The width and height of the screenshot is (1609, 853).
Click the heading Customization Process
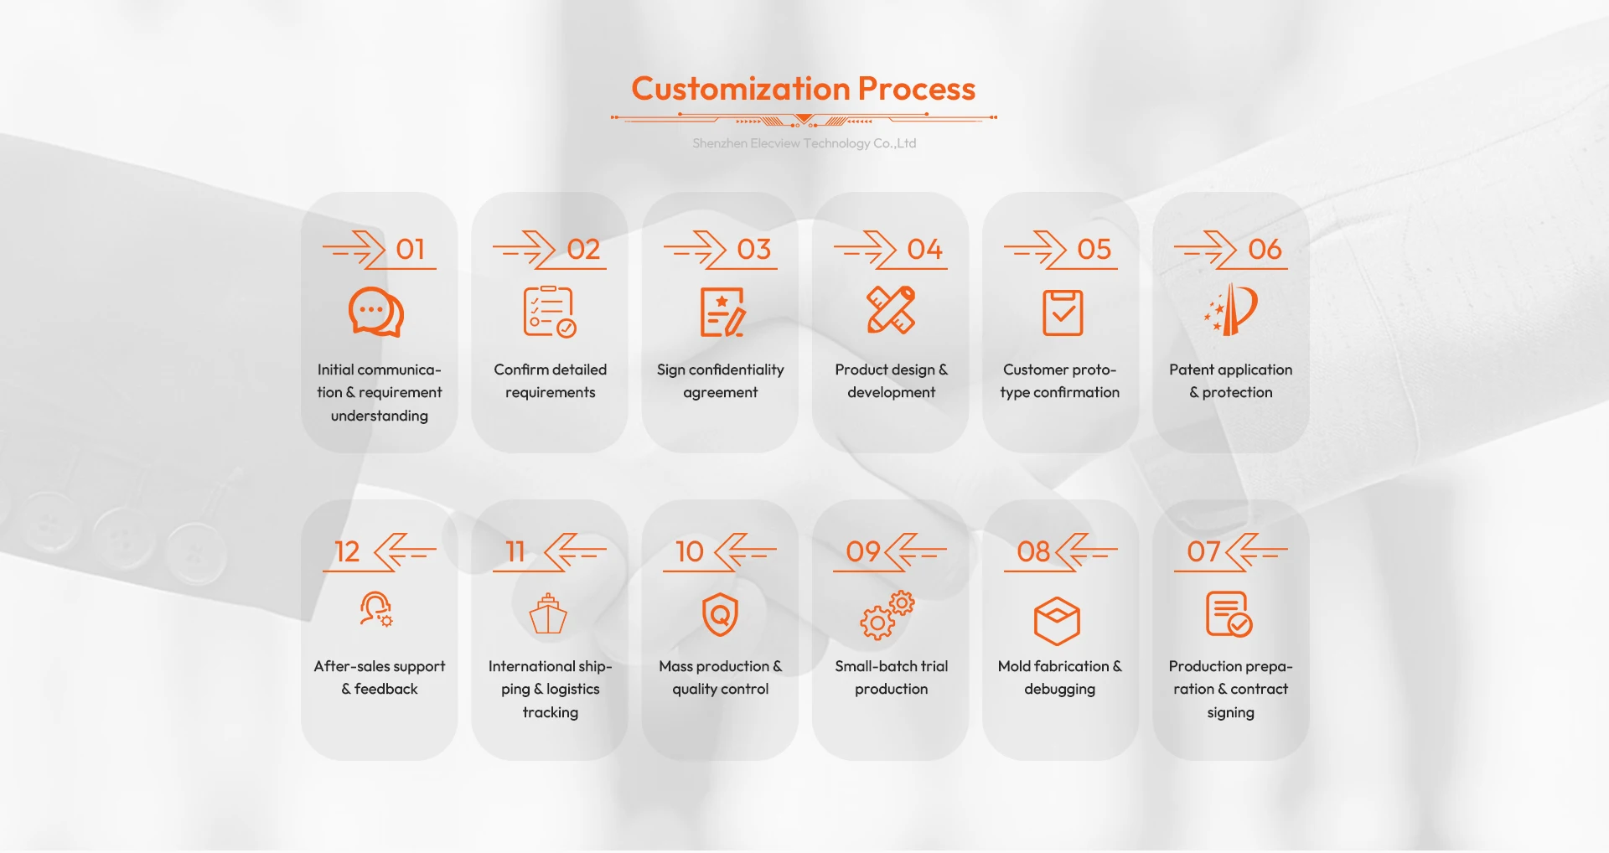click(803, 89)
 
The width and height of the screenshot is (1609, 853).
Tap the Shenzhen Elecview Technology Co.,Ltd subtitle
click(804, 143)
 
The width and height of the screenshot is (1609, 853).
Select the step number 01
click(411, 250)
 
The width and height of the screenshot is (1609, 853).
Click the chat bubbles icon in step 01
click(376, 312)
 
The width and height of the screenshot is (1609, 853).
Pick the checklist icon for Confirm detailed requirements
click(549, 312)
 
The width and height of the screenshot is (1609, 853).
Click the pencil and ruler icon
click(891, 310)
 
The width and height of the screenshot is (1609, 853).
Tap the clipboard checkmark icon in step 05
click(1063, 313)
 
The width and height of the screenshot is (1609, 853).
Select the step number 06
click(1265, 250)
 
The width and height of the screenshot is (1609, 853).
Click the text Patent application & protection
click(1230, 380)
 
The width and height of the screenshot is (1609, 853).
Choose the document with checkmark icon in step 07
click(1229, 614)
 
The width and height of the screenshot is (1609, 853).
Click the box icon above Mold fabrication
click(1057, 621)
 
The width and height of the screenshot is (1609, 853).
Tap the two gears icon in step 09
click(887, 616)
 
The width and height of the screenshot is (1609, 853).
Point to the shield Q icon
click(720, 615)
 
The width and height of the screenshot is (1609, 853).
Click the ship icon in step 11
click(548, 614)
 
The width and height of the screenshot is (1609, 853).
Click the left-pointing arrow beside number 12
click(404, 551)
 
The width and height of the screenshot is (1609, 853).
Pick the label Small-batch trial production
click(891, 677)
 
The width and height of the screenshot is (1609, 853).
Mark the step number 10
click(690, 552)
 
